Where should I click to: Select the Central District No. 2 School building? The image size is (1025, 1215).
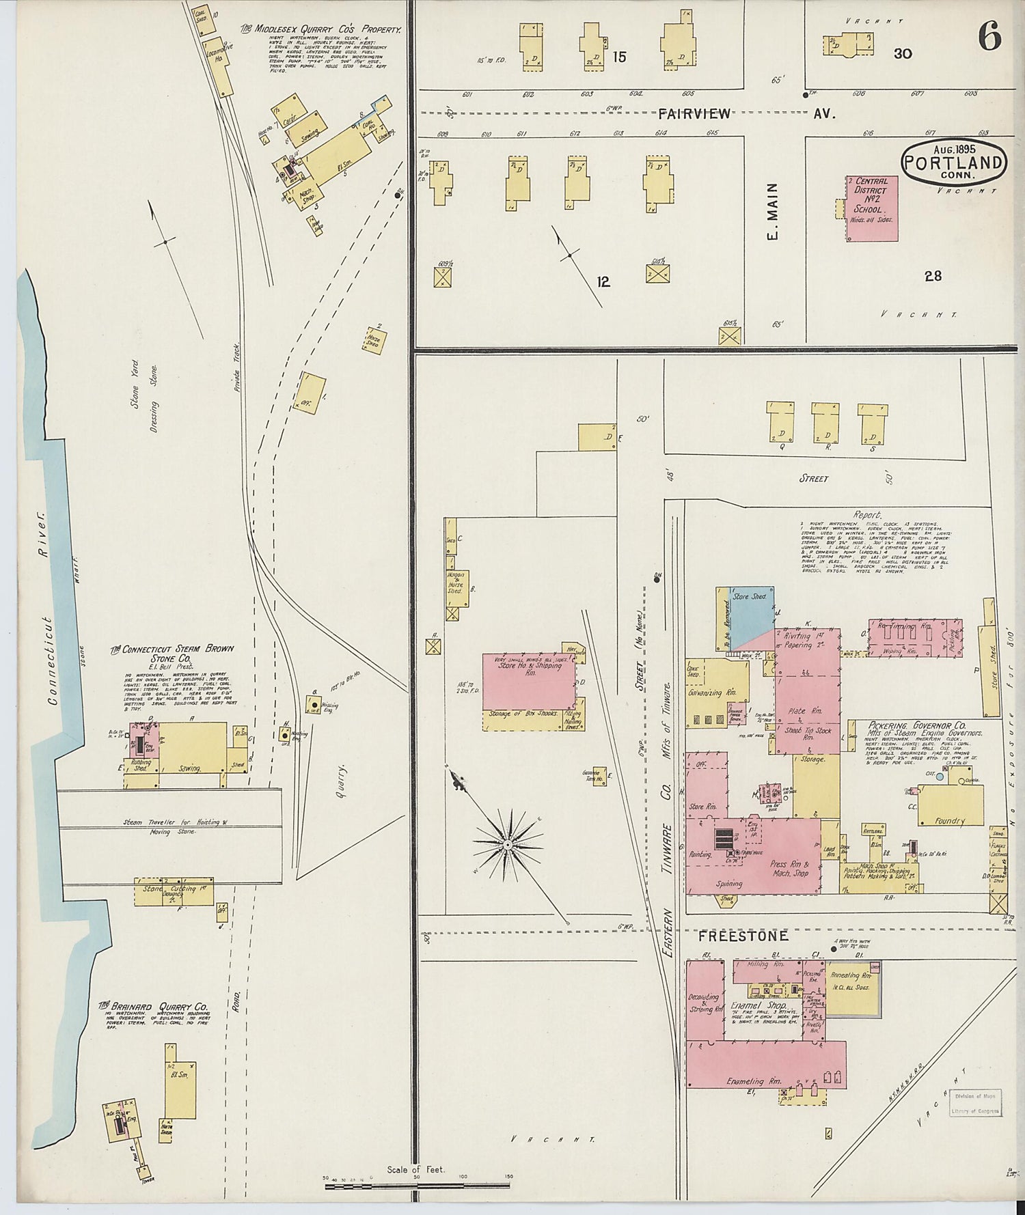click(x=872, y=208)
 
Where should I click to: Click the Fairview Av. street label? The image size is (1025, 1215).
click(x=695, y=114)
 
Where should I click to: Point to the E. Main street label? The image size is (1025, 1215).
click(x=774, y=213)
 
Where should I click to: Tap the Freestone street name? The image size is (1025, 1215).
click(x=743, y=936)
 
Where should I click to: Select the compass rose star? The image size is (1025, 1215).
click(x=508, y=845)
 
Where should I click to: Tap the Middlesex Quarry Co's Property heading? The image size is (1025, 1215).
click(x=319, y=29)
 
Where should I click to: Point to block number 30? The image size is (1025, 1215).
click(x=903, y=53)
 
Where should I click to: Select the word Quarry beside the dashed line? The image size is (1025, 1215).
click(x=341, y=781)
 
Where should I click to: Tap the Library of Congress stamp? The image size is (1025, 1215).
click(x=976, y=1103)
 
